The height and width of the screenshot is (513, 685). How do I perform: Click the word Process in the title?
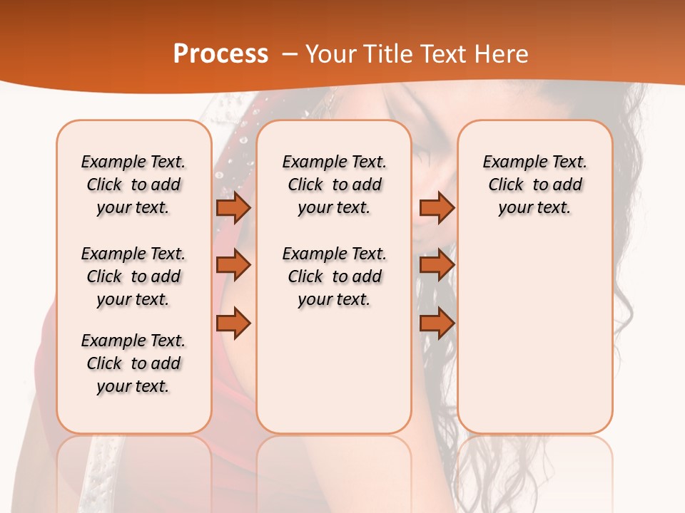coord(220,54)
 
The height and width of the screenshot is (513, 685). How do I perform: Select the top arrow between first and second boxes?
coord(233,207)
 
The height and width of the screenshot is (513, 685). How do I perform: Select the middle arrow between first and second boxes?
coord(233,265)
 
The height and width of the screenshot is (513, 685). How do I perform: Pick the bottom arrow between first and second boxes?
coord(233,323)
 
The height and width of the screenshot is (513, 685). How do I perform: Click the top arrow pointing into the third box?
coord(437,207)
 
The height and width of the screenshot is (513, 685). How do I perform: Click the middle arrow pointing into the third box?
coord(437,265)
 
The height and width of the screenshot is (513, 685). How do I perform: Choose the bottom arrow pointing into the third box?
coord(437,323)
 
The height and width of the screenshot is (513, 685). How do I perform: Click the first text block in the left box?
coord(133,185)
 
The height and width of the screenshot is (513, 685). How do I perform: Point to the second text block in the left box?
coord(133,276)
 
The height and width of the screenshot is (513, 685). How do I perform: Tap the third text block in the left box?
coord(133,363)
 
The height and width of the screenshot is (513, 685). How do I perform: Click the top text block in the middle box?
coord(335,185)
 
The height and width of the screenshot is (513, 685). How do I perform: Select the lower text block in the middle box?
coord(335,276)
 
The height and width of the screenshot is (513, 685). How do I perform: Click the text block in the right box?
coord(535,185)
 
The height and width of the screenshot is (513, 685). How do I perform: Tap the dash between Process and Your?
coord(290,54)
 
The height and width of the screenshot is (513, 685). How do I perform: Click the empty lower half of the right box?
coord(535,342)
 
